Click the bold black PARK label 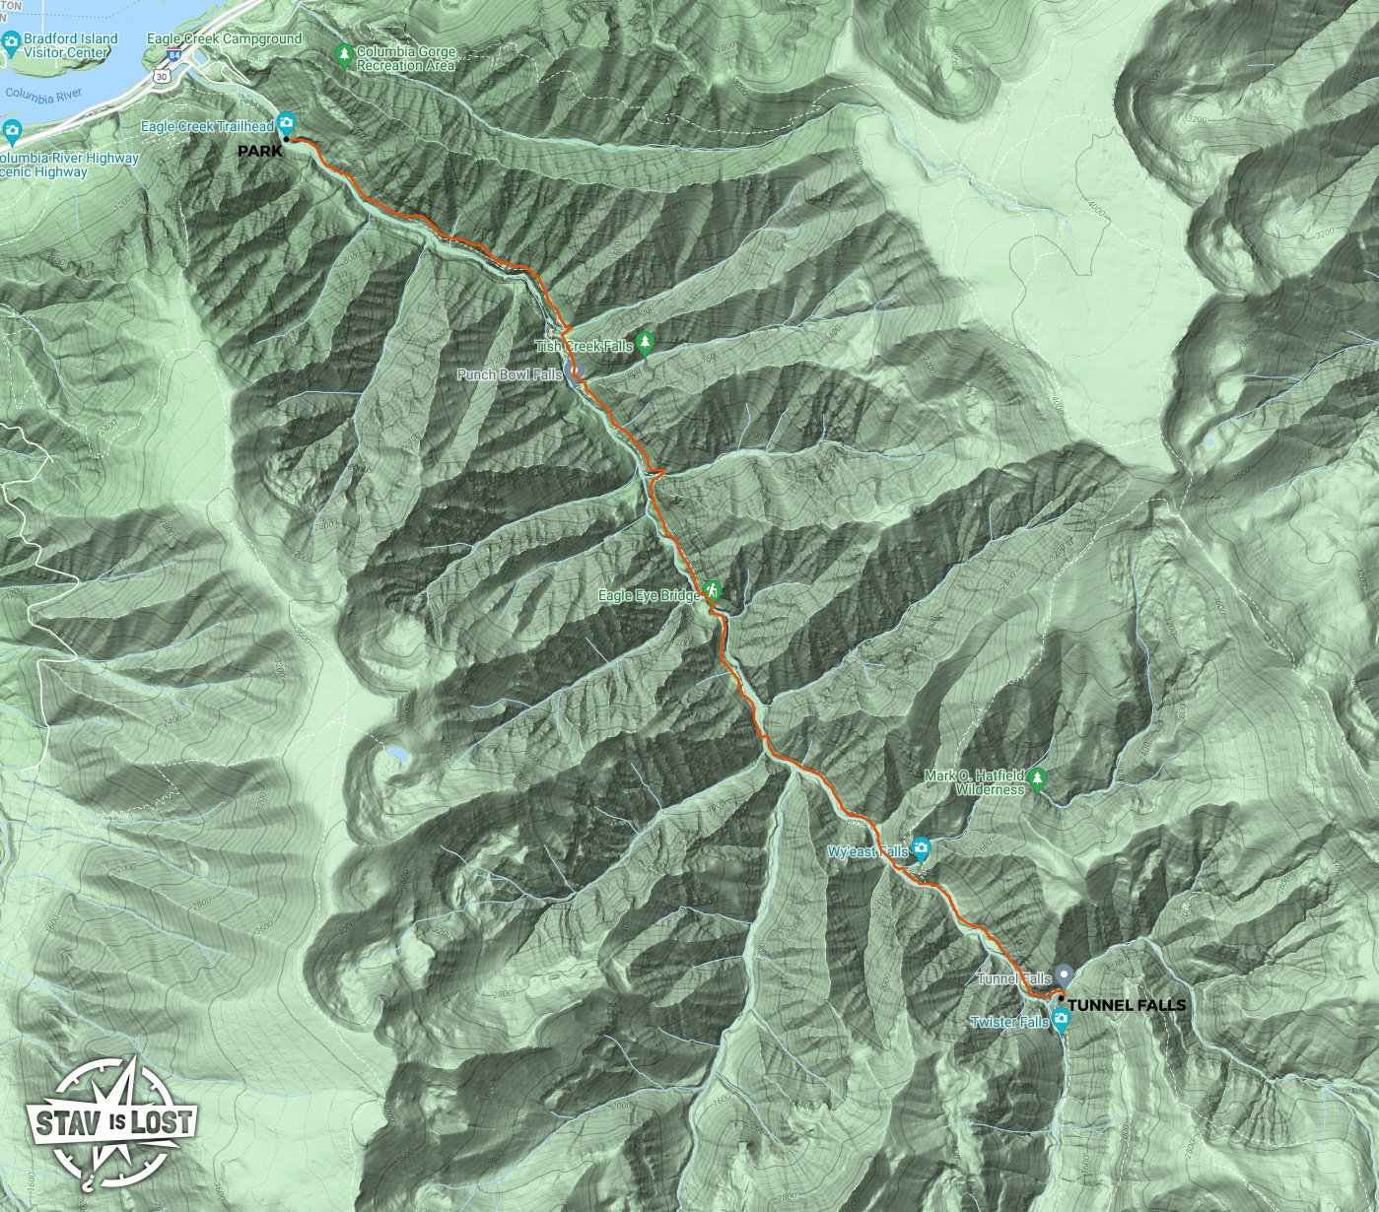coord(260,152)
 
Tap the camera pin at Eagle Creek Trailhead coord(286,124)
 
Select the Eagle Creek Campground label coord(225,38)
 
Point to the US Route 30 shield coord(161,76)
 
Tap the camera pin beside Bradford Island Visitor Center coord(11,41)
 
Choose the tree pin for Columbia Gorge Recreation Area coord(344,54)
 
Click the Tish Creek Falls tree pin coord(646,343)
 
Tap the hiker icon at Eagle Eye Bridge coord(713,591)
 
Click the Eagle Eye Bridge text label coord(649,596)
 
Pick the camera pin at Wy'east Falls coord(921,848)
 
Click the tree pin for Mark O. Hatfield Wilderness coord(1037,780)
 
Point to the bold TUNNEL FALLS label coord(1127,1005)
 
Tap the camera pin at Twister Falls coord(1061,1020)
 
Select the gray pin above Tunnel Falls coord(1063,976)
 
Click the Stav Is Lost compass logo coord(111,1123)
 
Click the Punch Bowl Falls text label coord(510,375)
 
